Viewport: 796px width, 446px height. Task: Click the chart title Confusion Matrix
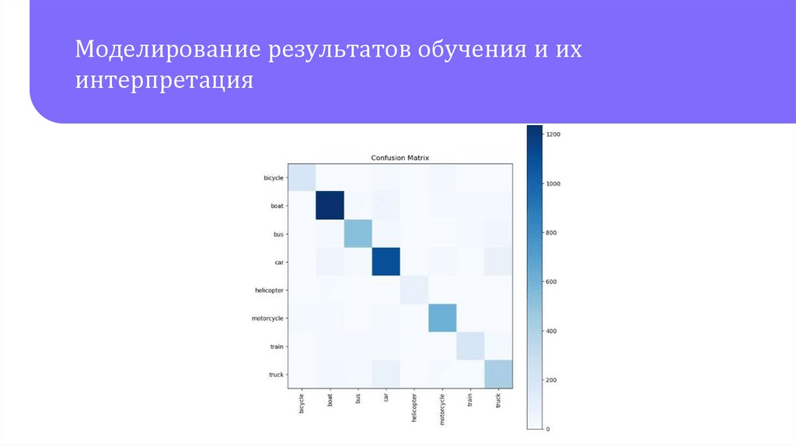coord(400,158)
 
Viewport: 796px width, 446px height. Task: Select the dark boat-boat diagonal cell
coord(330,206)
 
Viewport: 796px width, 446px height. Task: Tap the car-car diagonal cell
coord(386,262)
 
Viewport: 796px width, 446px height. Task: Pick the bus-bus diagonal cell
coord(358,234)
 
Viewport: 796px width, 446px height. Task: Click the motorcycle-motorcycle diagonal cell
coord(442,318)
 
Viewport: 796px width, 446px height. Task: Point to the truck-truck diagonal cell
coord(497,374)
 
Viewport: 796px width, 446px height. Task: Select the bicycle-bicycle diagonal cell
coord(302,178)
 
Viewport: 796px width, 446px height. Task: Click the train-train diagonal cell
coord(470,346)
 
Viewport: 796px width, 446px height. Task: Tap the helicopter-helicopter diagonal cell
coord(414,290)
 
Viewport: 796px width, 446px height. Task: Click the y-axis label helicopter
coord(270,290)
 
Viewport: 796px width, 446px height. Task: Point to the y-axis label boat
coord(278,206)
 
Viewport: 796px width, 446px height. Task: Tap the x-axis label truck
coord(497,402)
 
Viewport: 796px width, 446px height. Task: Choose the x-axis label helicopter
coord(414,410)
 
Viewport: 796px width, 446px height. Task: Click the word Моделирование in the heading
coord(167,51)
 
